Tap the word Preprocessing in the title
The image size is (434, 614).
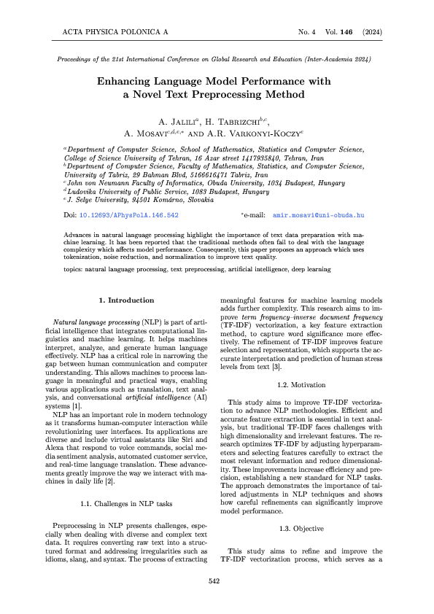[x=257, y=94]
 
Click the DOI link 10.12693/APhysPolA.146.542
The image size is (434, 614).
[x=128, y=217]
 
